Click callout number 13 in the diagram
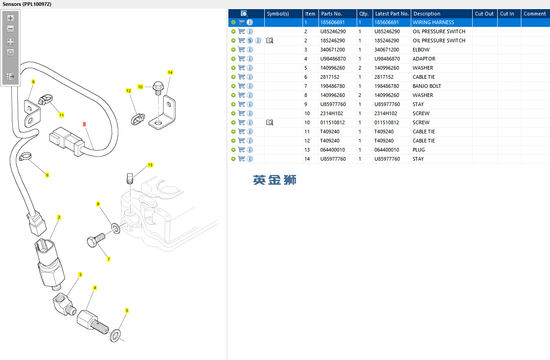pyautogui.click(x=150, y=165)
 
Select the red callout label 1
pyautogui.click(x=84, y=124)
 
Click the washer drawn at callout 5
pyautogui.click(x=116, y=336)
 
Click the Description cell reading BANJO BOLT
pyautogui.click(x=426, y=86)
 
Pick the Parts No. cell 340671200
pyautogui.click(x=333, y=50)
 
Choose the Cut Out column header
pyautogui.click(x=484, y=14)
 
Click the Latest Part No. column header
pyautogui.click(x=392, y=14)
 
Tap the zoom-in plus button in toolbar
pyautogui.click(x=10, y=19)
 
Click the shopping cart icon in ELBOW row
pyautogui.click(x=242, y=50)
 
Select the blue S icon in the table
pyautogui.click(x=250, y=41)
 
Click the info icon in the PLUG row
pyautogui.click(x=250, y=150)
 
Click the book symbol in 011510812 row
pyautogui.click(x=269, y=122)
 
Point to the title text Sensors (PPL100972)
pyautogui.click(x=27, y=4)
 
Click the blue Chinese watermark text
pyautogui.click(x=275, y=180)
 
